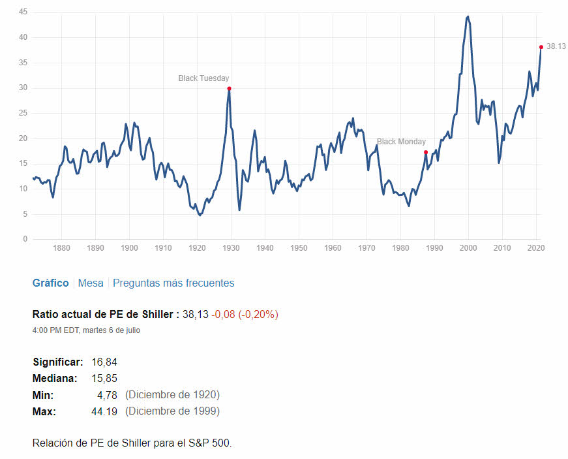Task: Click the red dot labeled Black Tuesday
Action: click(x=229, y=88)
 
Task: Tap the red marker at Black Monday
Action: click(x=425, y=152)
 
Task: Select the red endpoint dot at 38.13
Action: click(x=541, y=47)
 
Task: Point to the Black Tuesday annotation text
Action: click(x=203, y=78)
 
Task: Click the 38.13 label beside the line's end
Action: click(x=556, y=46)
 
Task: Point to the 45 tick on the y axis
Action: click(x=23, y=12)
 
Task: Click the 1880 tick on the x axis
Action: click(x=61, y=248)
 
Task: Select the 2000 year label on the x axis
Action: click(x=468, y=248)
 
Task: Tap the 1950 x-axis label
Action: click(x=299, y=248)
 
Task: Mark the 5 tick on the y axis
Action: click(x=25, y=214)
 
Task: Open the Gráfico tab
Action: click(x=50, y=283)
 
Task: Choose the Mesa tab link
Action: click(x=91, y=283)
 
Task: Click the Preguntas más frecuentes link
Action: click(x=173, y=283)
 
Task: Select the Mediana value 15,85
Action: click(x=104, y=378)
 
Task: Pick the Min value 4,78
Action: click(x=106, y=395)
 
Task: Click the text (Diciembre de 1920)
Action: click(x=172, y=395)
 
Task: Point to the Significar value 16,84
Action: click(x=104, y=362)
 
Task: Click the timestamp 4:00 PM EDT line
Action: click(x=86, y=330)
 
